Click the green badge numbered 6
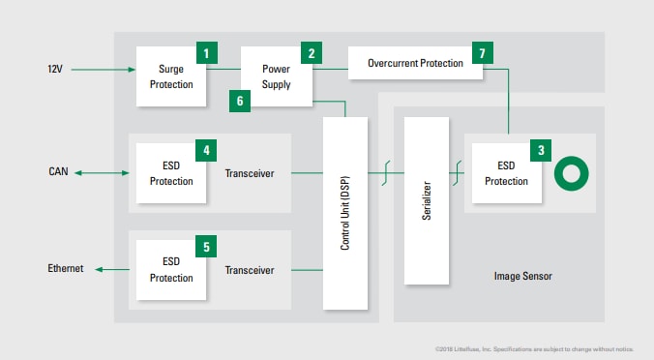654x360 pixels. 240,99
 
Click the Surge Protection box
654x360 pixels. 169,75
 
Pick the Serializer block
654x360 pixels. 426,200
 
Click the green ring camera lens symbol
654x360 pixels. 570,174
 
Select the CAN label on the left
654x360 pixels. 58,173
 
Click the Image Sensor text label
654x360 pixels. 522,277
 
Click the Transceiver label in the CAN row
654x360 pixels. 249,174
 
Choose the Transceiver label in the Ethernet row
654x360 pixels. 249,271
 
